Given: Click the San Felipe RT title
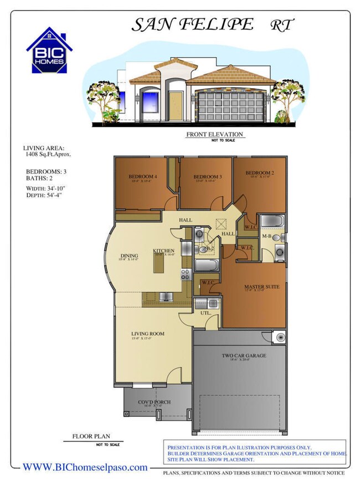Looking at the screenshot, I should pos(213,24).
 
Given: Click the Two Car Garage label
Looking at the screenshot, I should pos(244,355).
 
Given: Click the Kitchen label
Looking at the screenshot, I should pos(164,251).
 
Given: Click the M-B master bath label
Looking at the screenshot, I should pos(266,237).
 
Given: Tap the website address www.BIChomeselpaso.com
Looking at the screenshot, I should pos(85,467).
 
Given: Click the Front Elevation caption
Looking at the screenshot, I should pos(214,135).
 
